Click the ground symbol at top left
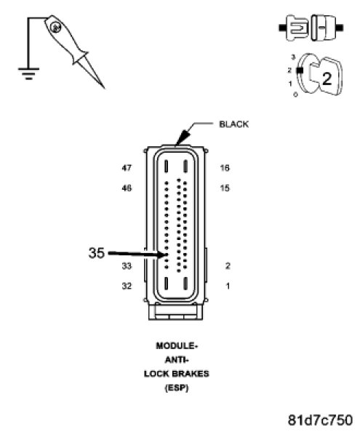(28, 73)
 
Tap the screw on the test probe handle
(55, 28)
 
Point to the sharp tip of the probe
(104, 88)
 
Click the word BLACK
(233, 124)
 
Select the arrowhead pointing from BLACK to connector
(183, 137)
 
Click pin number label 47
(127, 168)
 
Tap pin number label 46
(127, 188)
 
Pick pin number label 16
(225, 168)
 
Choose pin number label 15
(225, 188)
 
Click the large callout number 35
(97, 252)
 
